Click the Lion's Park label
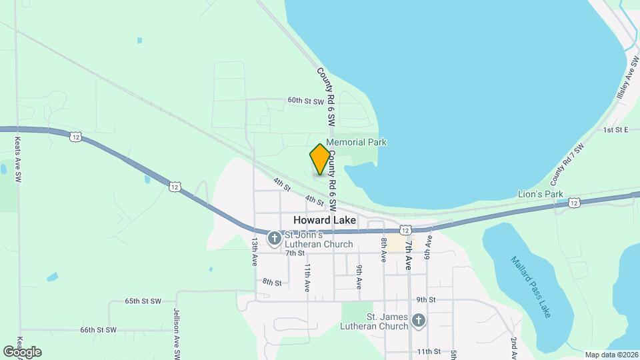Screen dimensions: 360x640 tap(541, 194)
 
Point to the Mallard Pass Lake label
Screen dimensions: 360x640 tap(531, 286)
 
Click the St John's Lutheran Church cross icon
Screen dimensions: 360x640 tap(274, 239)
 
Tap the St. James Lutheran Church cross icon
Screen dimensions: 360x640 tap(418, 321)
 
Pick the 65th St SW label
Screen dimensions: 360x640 tap(143, 301)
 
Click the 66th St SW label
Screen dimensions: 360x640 tap(98, 330)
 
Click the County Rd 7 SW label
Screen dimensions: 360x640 tap(567, 164)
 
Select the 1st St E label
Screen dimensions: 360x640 tap(616, 129)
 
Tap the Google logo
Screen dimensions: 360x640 tap(22, 351)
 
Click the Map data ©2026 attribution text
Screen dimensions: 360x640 tap(610, 354)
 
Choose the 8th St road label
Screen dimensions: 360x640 tap(272, 282)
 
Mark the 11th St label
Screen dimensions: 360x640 tap(428, 351)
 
